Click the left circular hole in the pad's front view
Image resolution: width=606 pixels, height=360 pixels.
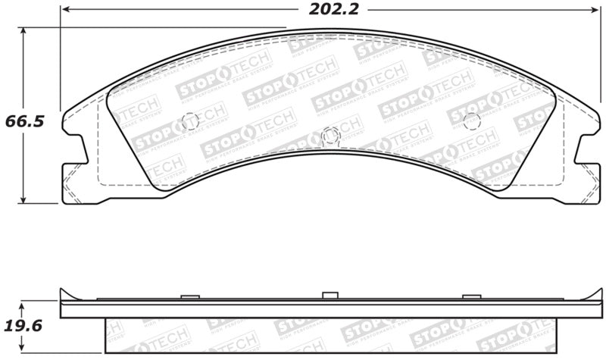click(x=189, y=121)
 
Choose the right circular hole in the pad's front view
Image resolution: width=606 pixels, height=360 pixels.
click(x=471, y=120)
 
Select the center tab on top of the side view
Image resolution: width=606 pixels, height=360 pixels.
click(x=329, y=295)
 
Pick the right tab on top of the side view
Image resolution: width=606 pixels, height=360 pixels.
click(x=470, y=296)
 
